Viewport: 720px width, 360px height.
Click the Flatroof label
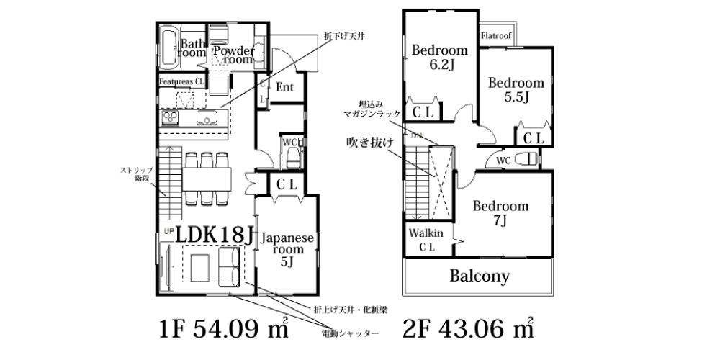(x=496, y=36)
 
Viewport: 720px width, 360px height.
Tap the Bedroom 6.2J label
(x=439, y=57)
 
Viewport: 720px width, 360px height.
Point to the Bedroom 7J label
(x=501, y=213)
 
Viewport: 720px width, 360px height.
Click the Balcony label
(x=480, y=276)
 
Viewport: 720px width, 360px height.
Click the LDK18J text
(x=215, y=235)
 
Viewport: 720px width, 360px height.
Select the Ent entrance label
(x=284, y=87)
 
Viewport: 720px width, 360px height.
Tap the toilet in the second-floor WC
(x=526, y=159)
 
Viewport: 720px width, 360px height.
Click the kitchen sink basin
(x=206, y=118)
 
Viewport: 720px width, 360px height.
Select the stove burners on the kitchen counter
(x=169, y=117)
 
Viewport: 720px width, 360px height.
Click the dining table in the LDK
(x=207, y=179)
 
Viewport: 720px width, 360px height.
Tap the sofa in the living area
(x=229, y=266)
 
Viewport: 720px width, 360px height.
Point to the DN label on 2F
(x=416, y=135)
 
